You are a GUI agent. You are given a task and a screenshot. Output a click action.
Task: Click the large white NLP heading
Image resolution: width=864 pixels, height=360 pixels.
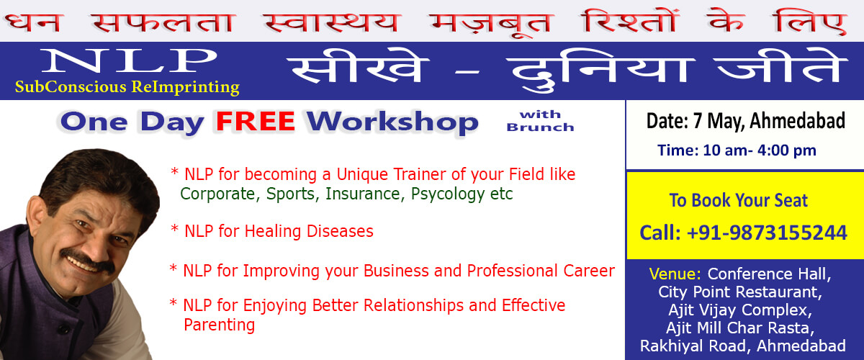coord(129,60)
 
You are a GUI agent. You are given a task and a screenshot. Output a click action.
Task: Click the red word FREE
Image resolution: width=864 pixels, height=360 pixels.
coord(256,122)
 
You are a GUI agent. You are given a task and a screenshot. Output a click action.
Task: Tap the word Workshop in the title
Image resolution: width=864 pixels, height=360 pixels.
coord(392,122)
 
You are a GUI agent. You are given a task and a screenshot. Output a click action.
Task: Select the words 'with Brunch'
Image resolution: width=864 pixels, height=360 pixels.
coord(540,121)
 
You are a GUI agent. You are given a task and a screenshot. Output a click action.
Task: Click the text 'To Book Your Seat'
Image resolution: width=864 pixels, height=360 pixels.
coord(738,200)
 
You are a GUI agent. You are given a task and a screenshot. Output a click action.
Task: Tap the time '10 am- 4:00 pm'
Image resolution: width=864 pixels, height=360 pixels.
coord(760,150)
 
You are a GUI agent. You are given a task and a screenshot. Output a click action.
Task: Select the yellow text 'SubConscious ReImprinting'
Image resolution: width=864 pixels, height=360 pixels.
coord(127,87)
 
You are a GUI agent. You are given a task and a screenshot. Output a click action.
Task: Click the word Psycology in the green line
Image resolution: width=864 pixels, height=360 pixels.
coord(448,194)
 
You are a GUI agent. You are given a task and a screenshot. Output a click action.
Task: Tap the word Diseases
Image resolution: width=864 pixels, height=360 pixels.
coord(340,231)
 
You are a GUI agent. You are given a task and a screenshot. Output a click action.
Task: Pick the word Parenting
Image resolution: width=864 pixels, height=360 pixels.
coord(219,325)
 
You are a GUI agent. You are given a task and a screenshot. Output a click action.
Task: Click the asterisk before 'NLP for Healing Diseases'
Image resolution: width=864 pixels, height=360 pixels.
coord(174,228)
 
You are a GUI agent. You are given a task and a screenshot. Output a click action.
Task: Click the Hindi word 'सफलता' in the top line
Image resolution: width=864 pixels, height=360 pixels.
coord(163,23)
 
